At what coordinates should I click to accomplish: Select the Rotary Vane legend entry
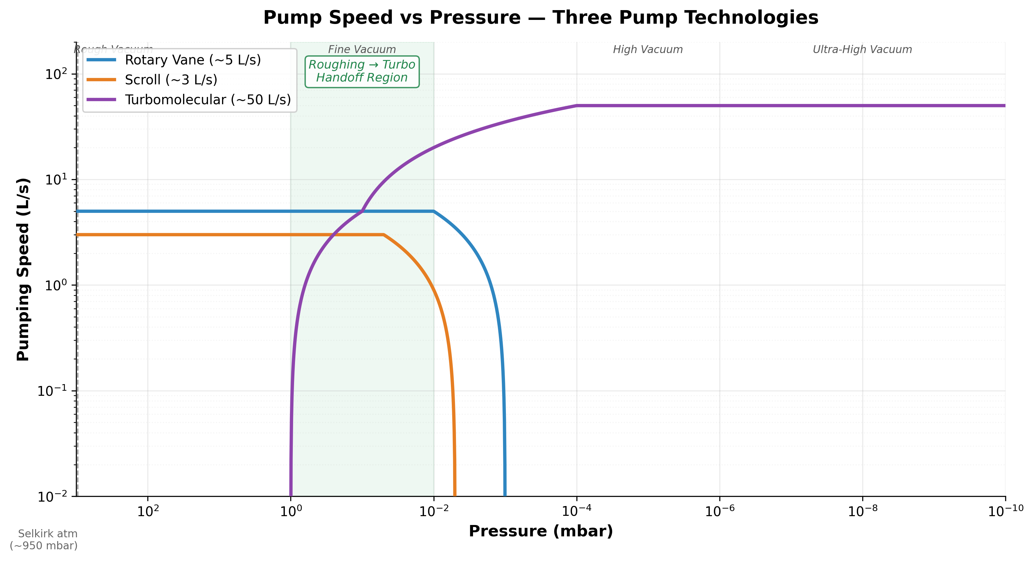193,60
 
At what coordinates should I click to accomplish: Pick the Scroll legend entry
171,80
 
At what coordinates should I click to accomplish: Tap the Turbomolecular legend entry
207,100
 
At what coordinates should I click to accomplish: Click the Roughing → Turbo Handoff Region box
362,71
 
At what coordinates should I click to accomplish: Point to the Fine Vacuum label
362,49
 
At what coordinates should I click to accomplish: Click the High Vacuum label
648,49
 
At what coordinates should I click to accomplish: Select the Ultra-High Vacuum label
862,49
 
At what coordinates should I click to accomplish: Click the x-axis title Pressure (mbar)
541,531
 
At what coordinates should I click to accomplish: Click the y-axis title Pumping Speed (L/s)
23,269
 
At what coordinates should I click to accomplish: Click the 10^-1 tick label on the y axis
54,390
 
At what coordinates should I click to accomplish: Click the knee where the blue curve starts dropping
433,211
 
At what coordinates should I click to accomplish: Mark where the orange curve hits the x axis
455,495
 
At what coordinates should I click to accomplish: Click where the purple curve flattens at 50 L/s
577,106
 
